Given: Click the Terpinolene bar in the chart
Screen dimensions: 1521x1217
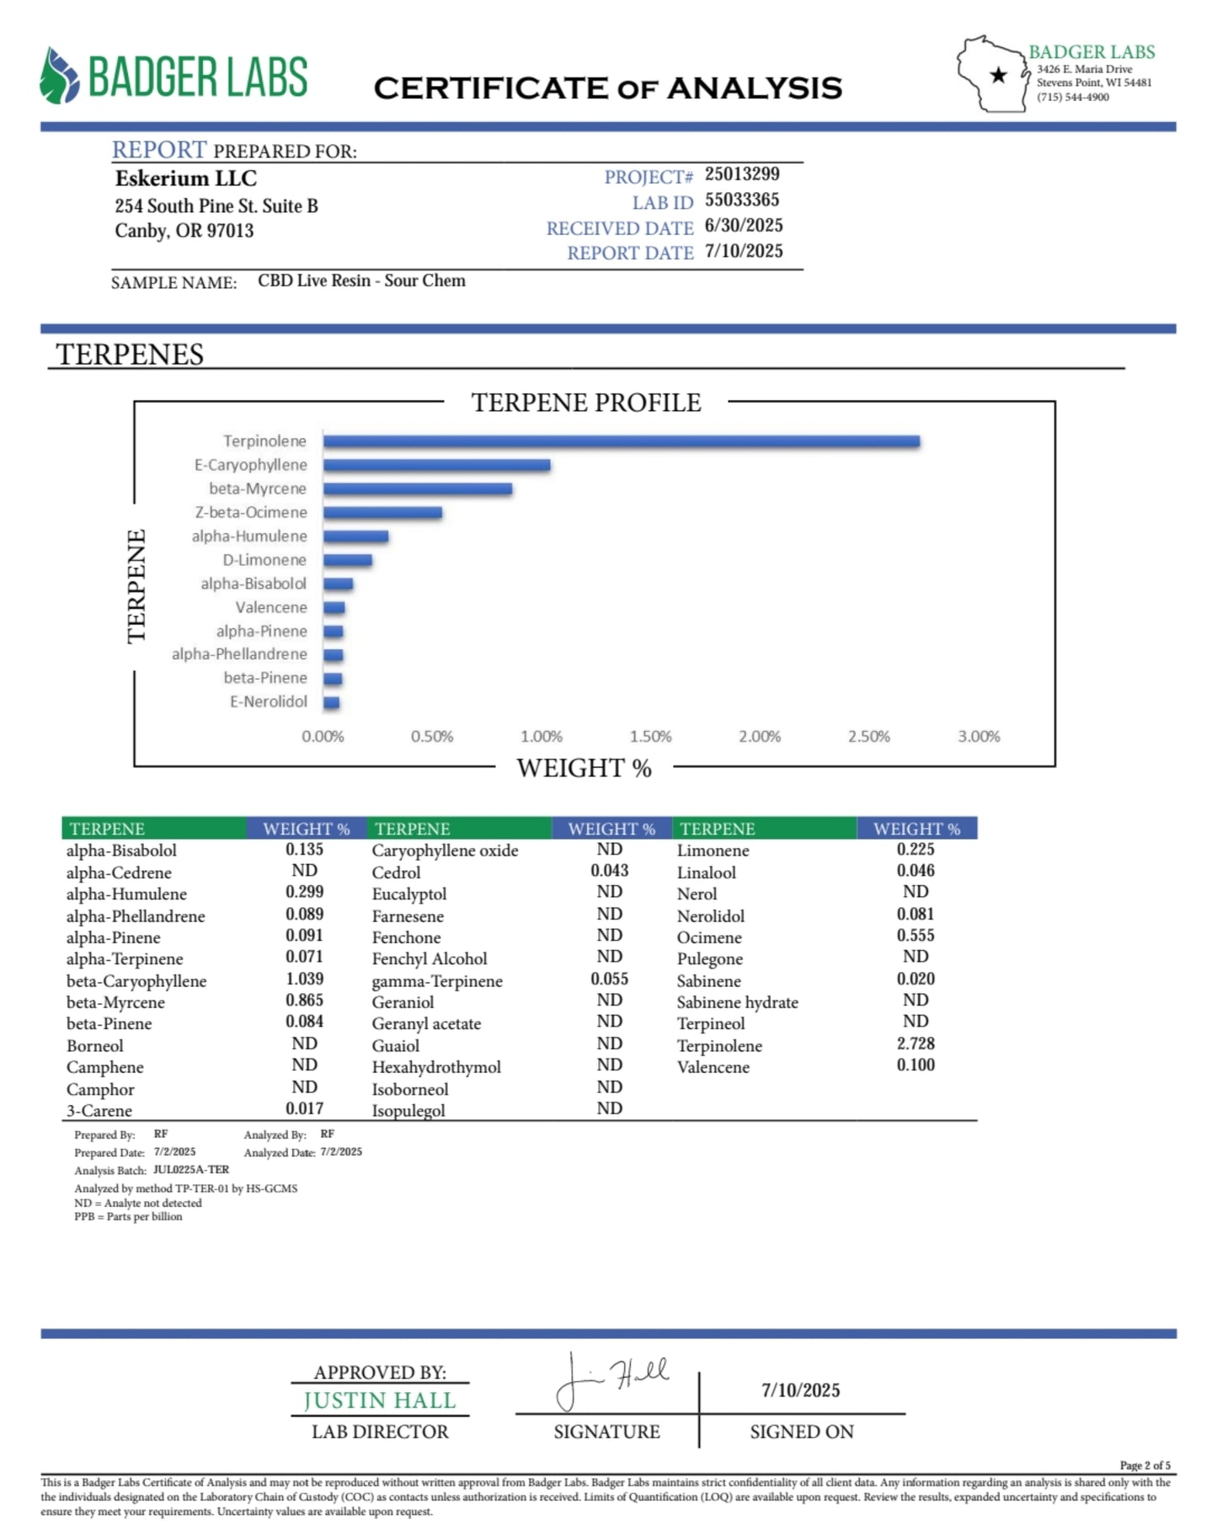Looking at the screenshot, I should click(x=621, y=441).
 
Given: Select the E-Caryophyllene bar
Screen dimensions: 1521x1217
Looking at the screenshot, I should click(x=436, y=465).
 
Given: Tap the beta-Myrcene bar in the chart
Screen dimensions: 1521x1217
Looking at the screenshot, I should click(x=418, y=488).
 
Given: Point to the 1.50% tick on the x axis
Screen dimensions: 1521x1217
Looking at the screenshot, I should click(x=650, y=737).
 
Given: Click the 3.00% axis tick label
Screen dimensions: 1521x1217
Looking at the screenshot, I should click(x=979, y=737).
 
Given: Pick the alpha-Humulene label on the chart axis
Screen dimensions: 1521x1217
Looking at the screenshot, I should click(x=249, y=536).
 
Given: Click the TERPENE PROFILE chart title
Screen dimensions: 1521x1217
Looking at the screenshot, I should click(x=585, y=403).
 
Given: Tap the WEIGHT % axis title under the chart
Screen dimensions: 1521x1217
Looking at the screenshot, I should click(x=584, y=768).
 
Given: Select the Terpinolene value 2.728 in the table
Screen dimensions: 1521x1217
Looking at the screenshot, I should click(x=915, y=1043).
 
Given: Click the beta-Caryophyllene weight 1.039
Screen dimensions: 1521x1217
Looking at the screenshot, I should click(x=304, y=979).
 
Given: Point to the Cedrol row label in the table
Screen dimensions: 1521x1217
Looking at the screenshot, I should click(x=396, y=873).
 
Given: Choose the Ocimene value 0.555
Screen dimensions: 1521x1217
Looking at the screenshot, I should click(x=915, y=936).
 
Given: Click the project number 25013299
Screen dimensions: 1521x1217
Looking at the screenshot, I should click(x=742, y=174).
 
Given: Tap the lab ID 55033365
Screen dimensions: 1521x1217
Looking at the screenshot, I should click(x=742, y=200).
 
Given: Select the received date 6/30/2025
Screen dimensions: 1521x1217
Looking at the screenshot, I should click(x=744, y=226).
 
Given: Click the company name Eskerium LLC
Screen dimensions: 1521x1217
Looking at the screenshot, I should click(x=185, y=179).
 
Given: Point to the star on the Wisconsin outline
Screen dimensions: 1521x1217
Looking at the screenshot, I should click(x=998, y=76).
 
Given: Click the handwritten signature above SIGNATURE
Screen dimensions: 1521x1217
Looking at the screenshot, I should click(x=611, y=1381).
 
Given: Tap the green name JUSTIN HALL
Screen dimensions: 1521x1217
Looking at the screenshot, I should click(x=380, y=1401).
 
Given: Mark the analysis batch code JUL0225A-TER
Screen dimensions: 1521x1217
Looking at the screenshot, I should click(x=191, y=1170).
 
